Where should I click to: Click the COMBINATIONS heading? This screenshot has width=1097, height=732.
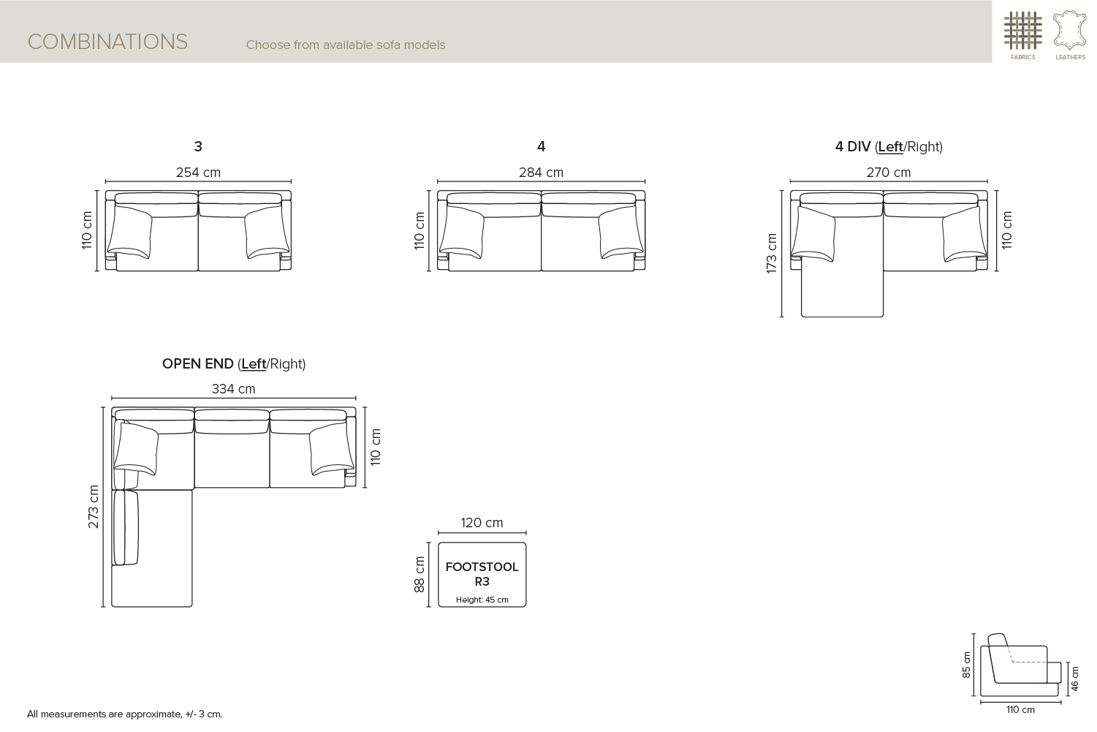[107, 42]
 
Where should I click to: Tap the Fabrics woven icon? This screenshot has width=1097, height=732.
[1022, 31]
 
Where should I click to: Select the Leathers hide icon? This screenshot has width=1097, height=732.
[1070, 31]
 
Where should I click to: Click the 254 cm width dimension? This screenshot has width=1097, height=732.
[198, 173]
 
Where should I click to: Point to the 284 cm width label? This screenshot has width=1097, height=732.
[541, 173]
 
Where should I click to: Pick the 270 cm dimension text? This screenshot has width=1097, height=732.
[889, 173]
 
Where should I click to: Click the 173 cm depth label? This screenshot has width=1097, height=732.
[771, 253]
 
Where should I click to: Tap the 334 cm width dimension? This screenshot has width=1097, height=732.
[233, 389]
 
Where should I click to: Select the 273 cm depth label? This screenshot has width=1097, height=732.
[93, 507]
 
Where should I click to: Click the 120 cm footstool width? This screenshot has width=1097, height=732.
[482, 523]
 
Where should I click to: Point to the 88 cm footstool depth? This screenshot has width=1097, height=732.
[420, 574]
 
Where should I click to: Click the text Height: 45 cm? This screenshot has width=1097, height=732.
[482, 600]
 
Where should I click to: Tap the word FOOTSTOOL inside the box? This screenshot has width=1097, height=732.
[482, 567]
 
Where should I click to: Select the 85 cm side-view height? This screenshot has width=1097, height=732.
[966, 665]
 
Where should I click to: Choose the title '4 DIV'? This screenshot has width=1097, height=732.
[853, 146]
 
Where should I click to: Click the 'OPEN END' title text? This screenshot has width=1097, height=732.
[198, 364]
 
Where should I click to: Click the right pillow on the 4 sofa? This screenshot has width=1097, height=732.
[621, 232]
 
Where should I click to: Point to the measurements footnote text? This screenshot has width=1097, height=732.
[125, 714]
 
